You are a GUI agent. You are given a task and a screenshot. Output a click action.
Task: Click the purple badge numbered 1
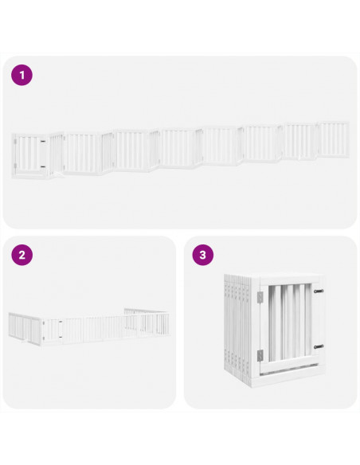click(22, 76)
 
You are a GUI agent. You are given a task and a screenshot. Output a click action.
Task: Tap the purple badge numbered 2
click(22, 256)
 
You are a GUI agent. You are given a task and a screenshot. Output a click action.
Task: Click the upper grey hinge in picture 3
click(258, 296)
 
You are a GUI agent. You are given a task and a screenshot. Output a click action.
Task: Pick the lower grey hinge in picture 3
click(258, 354)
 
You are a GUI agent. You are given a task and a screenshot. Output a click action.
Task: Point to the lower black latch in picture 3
click(318, 346)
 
